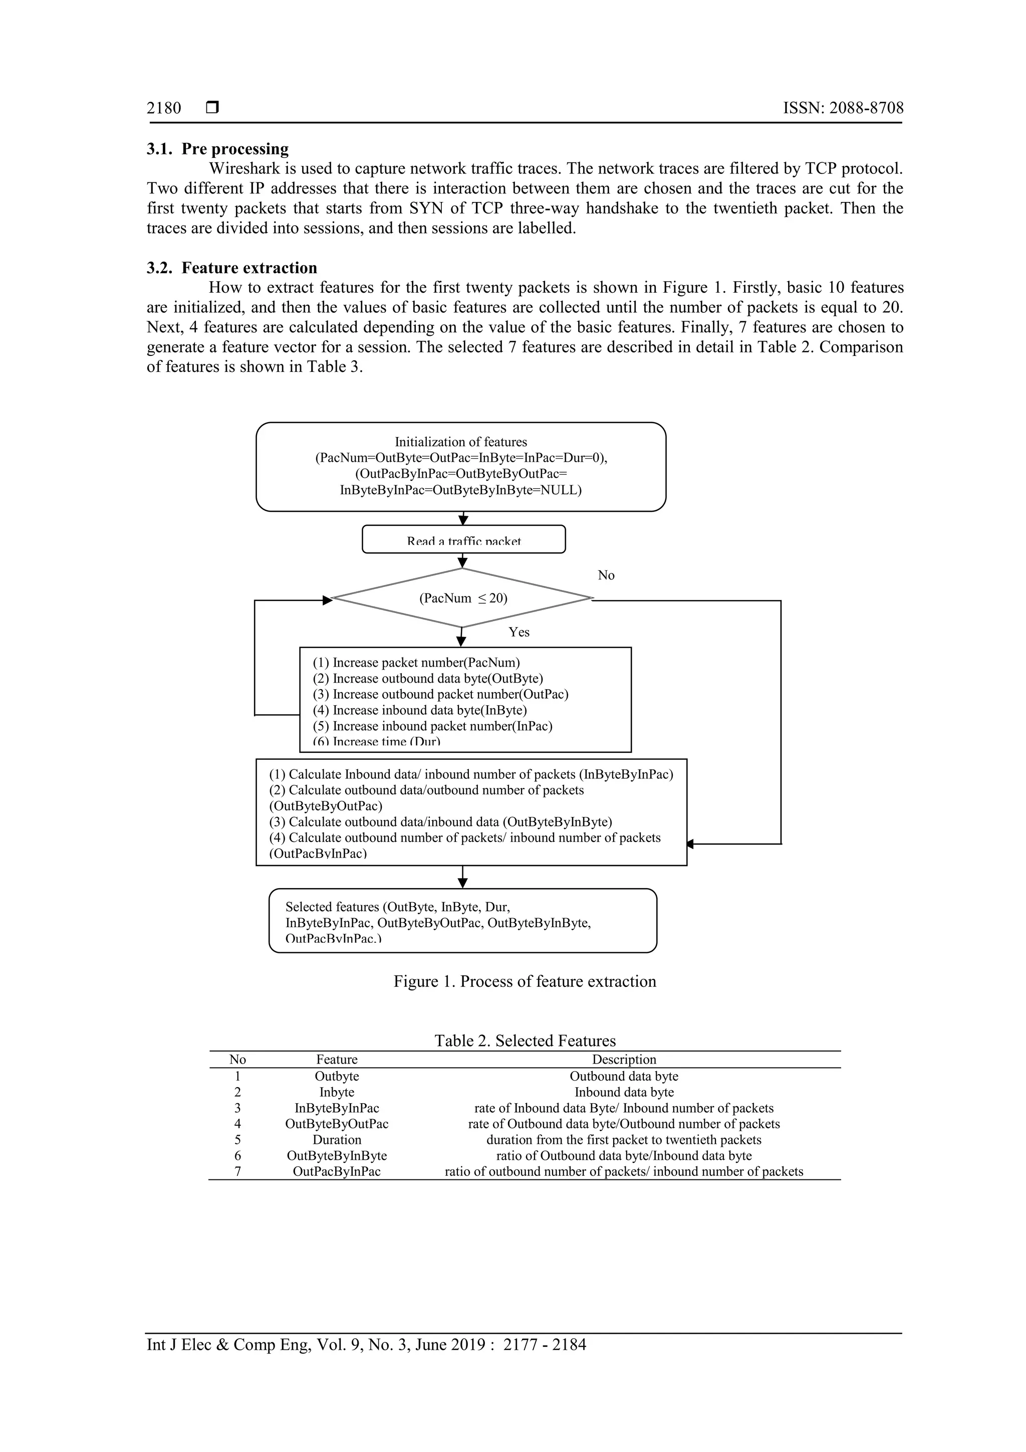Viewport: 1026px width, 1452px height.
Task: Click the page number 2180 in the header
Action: [164, 108]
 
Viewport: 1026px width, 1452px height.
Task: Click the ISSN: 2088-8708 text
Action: [843, 108]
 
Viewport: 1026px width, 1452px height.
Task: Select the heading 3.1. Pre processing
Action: [217, 149]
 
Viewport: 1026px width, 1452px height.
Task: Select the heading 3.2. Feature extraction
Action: [231, 268]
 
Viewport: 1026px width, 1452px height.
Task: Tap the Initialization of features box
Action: [461, 466]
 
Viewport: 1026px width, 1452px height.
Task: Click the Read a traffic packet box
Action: [463, 539]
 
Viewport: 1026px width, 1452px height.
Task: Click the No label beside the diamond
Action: [606, 575]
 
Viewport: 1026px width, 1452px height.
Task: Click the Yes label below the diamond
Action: [519, 632]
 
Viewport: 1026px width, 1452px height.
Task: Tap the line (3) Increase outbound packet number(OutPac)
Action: [441, 694]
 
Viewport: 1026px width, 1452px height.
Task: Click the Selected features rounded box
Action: [463, 921]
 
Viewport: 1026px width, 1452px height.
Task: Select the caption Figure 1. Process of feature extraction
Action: [525, 981]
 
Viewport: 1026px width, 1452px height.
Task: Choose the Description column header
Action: [624, 1059]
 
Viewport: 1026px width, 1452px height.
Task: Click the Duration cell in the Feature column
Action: [337, 1140]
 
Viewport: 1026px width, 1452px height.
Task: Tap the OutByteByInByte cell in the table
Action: [337, 1155]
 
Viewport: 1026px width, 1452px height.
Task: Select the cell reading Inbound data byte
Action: [624, 1092]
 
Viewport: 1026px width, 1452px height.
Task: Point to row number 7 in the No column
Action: [237, 1171]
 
